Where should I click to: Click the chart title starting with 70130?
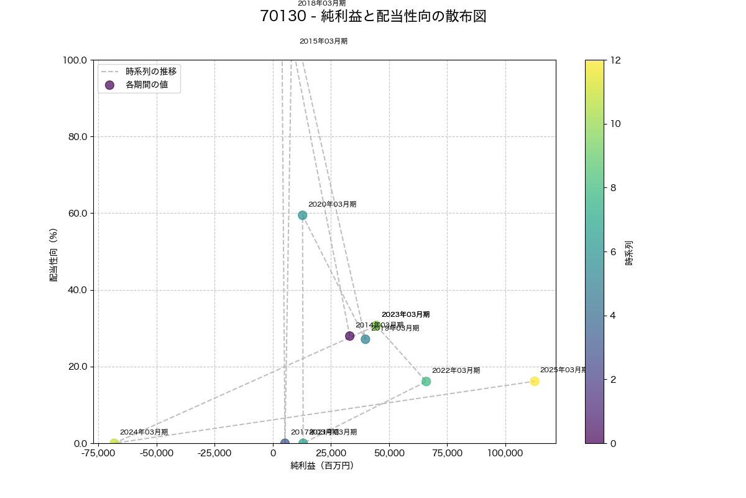tap(373, 17)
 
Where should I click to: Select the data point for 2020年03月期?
tap(302, 215)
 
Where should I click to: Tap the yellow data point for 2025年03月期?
tap(535, 381)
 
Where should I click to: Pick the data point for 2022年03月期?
tap(426, 382)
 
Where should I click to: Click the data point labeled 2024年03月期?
tap(114, 443)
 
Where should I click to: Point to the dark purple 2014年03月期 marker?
tap(349, 336)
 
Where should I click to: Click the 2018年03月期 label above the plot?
tap(321, 4)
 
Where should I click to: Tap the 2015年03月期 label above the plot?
tap(323, 41)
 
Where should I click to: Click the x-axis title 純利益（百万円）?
tap(322, 466)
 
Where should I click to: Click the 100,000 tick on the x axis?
tap(505, 453)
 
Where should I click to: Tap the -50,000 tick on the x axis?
tap(157, 453)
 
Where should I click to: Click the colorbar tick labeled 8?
tap(616, 187)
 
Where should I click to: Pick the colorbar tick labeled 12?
tap(618, 60)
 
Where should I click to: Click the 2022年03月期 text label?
tap(456, 370)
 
